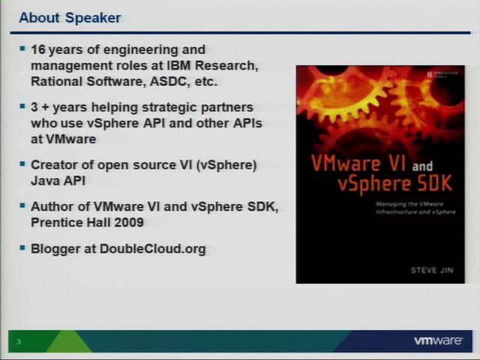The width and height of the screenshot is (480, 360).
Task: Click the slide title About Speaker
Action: click(69, 17)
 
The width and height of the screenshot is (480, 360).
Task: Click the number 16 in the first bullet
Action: click(38, 50)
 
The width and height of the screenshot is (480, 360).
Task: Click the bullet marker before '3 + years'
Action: click(22, 106)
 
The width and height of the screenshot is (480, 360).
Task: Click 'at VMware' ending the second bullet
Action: click(63, 139)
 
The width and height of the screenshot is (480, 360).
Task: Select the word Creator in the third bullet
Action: click(53, 164)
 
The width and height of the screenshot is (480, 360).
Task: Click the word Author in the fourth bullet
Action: click(50, 206)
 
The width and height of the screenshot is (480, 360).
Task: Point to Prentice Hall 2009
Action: click(87, 222)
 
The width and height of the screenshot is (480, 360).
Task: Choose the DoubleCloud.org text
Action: click(152, 248)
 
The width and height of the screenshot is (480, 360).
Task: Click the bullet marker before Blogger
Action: click(22, 247)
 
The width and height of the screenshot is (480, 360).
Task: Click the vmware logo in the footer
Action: click(437, 341)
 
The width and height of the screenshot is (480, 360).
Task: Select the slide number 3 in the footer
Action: click(19, 343)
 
